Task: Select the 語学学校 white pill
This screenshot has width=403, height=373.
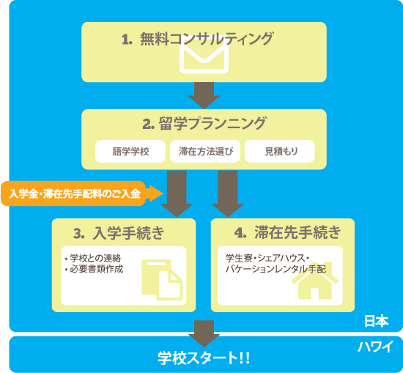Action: (130, 151)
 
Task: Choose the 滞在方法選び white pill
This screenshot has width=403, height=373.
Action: (205, 151)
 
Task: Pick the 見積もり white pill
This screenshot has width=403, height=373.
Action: (280, 151)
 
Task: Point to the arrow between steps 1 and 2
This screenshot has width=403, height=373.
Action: (204, 95)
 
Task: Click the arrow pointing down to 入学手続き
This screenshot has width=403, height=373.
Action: (177, 193)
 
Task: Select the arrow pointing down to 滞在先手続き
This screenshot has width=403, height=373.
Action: (228, 193)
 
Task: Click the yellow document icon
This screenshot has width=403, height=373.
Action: (162, 280)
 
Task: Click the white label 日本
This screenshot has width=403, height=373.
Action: (377, 321)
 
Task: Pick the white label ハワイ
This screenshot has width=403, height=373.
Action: (375, 347)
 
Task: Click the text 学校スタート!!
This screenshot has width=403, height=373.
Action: (204, 358)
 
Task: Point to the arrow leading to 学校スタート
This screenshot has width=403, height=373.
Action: (204, 333)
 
